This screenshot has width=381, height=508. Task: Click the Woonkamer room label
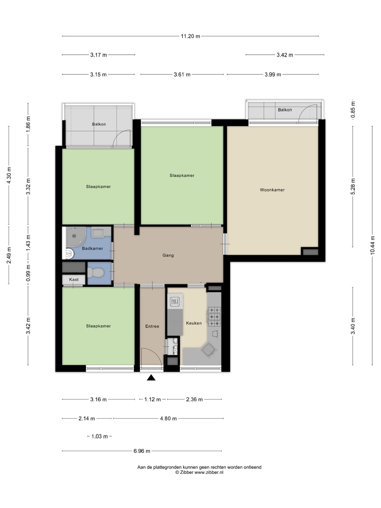(x=272, y=190)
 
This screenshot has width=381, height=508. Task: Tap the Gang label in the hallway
(x=168, y=255)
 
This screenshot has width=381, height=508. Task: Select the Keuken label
(x=194, y=323)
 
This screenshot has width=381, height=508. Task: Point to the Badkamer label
(x=92, y=248)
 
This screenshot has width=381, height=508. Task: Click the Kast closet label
(x=74, y=279)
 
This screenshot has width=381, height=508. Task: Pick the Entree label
(x=152, y=326)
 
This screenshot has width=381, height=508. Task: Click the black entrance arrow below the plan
(x=151, y=377)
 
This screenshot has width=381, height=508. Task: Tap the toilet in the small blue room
(x=95, y=273)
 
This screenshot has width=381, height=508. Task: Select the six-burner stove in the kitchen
(x=214, y=316)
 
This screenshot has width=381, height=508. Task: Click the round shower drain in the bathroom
(x=74, y=236)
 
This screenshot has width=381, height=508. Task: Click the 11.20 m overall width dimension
(x=190, y=36)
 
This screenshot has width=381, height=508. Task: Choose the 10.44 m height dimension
(x=372, y=245)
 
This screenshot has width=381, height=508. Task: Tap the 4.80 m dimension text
(x=168, y=418)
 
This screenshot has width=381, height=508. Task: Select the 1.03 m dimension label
(x=99, y=436)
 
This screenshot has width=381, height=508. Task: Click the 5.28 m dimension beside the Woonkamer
(x=353, y=186)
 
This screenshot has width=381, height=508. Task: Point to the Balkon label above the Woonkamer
(x=285, y=110)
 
